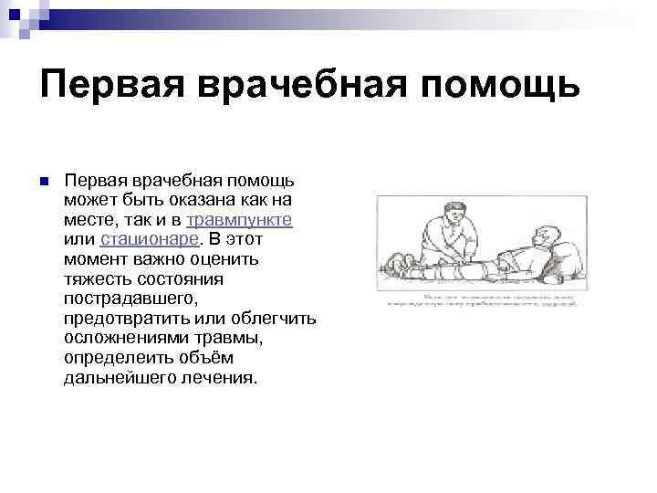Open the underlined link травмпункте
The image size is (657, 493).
(239, 220)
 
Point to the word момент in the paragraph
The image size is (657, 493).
(95, 259)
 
